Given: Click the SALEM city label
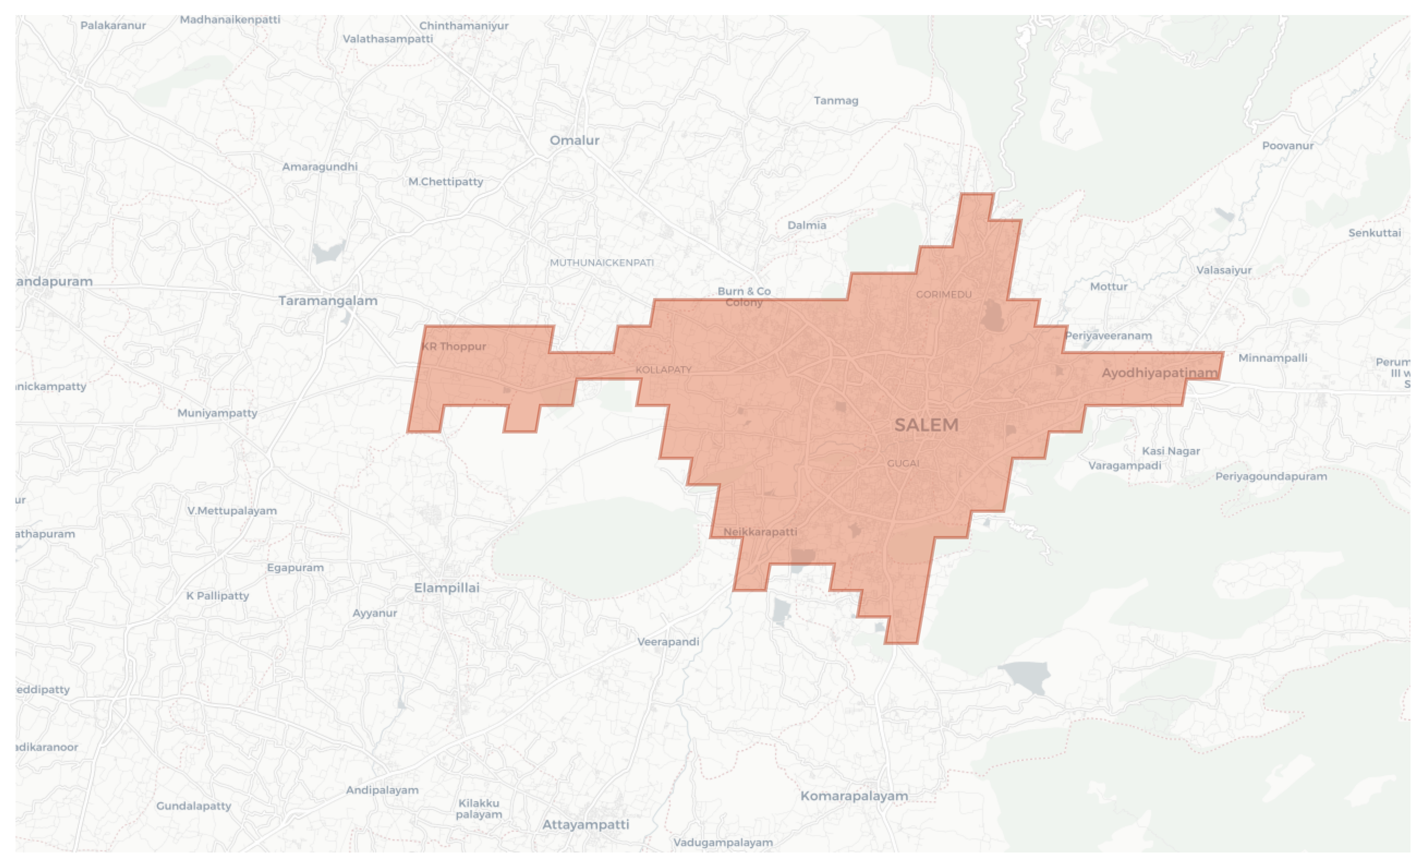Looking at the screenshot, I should pyautogui.click(x=926, y=425).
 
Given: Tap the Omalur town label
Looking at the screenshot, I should pyautogui.click(x=574, y=140).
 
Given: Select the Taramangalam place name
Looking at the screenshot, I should pyautogui.click(x=328, y=300).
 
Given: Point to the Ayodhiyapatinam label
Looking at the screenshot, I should pyautogui.click(x=1159, y=373).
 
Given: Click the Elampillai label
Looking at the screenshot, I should pyautogui.click(x=446, y=588).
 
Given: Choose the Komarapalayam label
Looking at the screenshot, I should pyautogui.click(x=854, y=796).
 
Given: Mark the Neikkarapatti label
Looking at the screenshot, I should pyautogui.click(x=760, y=531).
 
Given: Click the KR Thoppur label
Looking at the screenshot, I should pyautogui.click(x=454, y=346).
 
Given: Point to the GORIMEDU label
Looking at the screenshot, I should pyautogui.click(x=943, y=294).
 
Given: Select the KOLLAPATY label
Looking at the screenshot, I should pyautogui.click(x=663, y=370).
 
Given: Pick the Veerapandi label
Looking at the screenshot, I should pyautogui.click(x=668, y=642).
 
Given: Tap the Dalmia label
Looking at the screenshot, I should pyautogui.click(x=806, y=225).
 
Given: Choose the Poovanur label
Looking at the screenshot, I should pyautogui.click(x=1287, y=145).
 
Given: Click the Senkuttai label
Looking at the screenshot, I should pyautogui.click(x=1374, y=233).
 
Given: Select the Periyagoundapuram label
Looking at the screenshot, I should pyautogui.click(x=1270, y=476).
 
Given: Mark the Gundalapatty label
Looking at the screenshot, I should pyautogui.click(x=193, y=805).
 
